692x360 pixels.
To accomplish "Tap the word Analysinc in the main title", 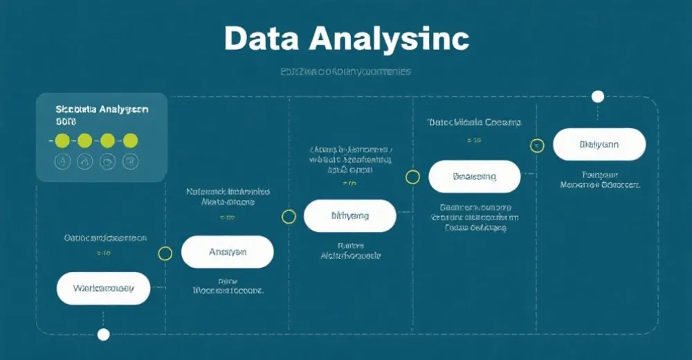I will coord(388,40).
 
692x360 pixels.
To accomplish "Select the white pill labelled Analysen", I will coord(227,252).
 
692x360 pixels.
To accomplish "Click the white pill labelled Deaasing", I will coord(474,177).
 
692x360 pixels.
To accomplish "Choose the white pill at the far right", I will coord(599,145).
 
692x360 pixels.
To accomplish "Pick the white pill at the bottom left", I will coord(103,288).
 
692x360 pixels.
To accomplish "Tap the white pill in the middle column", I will coord(349,216).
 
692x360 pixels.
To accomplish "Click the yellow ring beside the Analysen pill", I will coord(165,253).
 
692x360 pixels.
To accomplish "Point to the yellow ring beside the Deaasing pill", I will coord(412,177).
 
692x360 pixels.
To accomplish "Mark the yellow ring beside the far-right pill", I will coord(537,146).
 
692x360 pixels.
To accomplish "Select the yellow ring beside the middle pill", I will coord(289,217).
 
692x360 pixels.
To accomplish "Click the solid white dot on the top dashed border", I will coord(598,96).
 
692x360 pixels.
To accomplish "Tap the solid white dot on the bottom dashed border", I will coord(103,335).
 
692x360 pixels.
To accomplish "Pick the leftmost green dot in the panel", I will coord(62,141).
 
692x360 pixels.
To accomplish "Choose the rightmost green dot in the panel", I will coord(130,141).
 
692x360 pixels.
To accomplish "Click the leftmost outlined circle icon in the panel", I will coord(62,162).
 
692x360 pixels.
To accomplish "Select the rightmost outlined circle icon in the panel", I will coord(130,162).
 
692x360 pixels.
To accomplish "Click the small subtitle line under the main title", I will coord(345,71).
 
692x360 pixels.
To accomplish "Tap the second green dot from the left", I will coord(84,141).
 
